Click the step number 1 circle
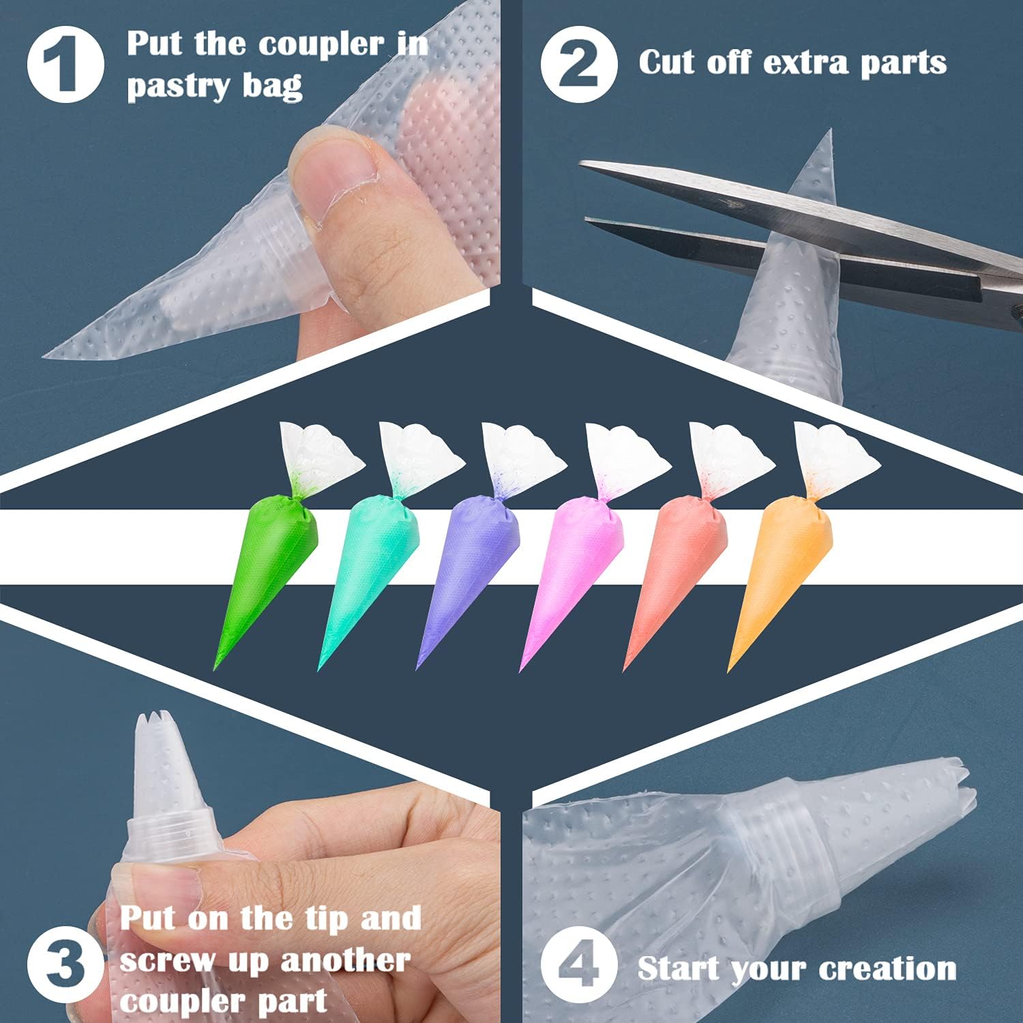[x=65, y=64]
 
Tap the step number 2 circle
[x=579, y=64]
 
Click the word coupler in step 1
[x=321, y=45]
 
